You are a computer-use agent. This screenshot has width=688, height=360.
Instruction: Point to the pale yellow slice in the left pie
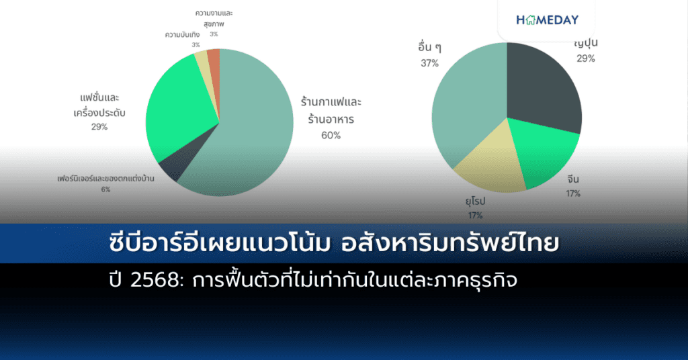coord(202,61)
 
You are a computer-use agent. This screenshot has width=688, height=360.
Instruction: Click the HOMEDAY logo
coord(547,20)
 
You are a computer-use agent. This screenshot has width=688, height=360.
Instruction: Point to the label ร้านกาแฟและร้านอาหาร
coord(331,111)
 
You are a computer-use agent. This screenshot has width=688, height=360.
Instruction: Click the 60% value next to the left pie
coord(331,135)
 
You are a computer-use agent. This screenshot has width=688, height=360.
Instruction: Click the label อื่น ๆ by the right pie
coord(429,48)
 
